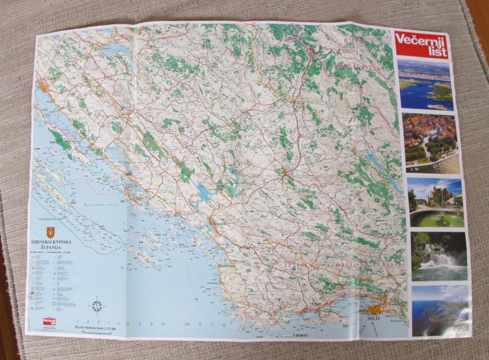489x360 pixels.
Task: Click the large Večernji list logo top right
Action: coord(421,45)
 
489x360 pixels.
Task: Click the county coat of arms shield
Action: coord(51,232)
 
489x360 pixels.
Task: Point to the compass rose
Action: coord(97,306)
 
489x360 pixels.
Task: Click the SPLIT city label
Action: coord(375,317)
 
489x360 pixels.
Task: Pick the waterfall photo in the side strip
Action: coord(439,256)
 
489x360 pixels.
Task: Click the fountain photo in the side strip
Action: coord(436,203)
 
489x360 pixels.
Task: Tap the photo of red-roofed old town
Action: coord(431,143)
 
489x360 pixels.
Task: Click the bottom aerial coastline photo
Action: coord(441,310)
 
